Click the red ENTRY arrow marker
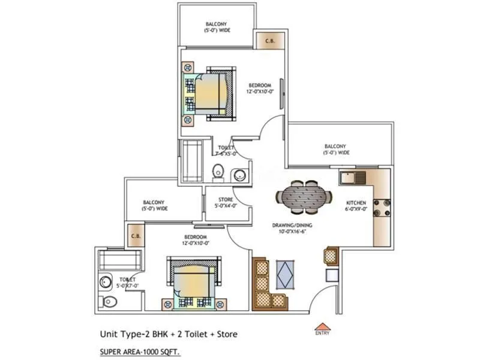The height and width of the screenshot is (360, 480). (322, 326)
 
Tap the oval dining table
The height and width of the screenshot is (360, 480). (304, 197)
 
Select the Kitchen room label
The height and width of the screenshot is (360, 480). (355, 206)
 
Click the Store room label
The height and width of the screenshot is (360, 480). (226, 202)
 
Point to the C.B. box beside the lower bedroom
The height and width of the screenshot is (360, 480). (136, 236)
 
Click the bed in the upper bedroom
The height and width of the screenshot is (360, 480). (208, 94)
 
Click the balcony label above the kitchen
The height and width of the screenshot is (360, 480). (335, 149)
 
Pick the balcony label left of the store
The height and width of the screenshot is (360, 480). (154, 205)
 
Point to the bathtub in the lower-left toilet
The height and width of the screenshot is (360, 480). (120, 260)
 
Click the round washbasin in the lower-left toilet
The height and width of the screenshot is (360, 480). (106, 282)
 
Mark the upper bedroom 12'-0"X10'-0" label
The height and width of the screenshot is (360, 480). (260, 88)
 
